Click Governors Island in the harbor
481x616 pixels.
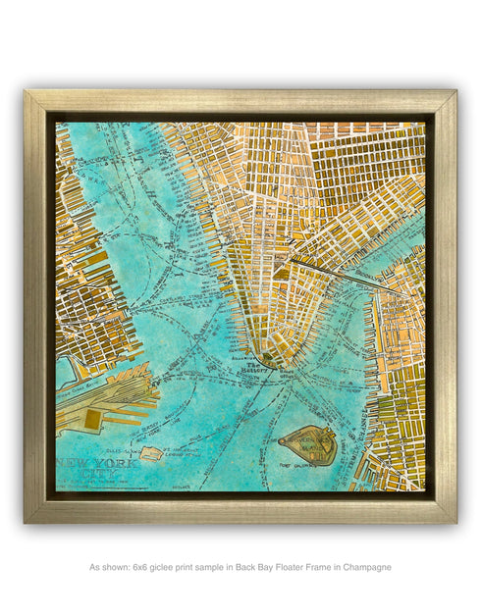[x=308, y=445]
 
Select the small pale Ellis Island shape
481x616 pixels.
[x=150, y=454]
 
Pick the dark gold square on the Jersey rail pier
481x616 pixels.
[x=92, y=419]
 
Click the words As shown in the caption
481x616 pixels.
[x=108, y=567]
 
